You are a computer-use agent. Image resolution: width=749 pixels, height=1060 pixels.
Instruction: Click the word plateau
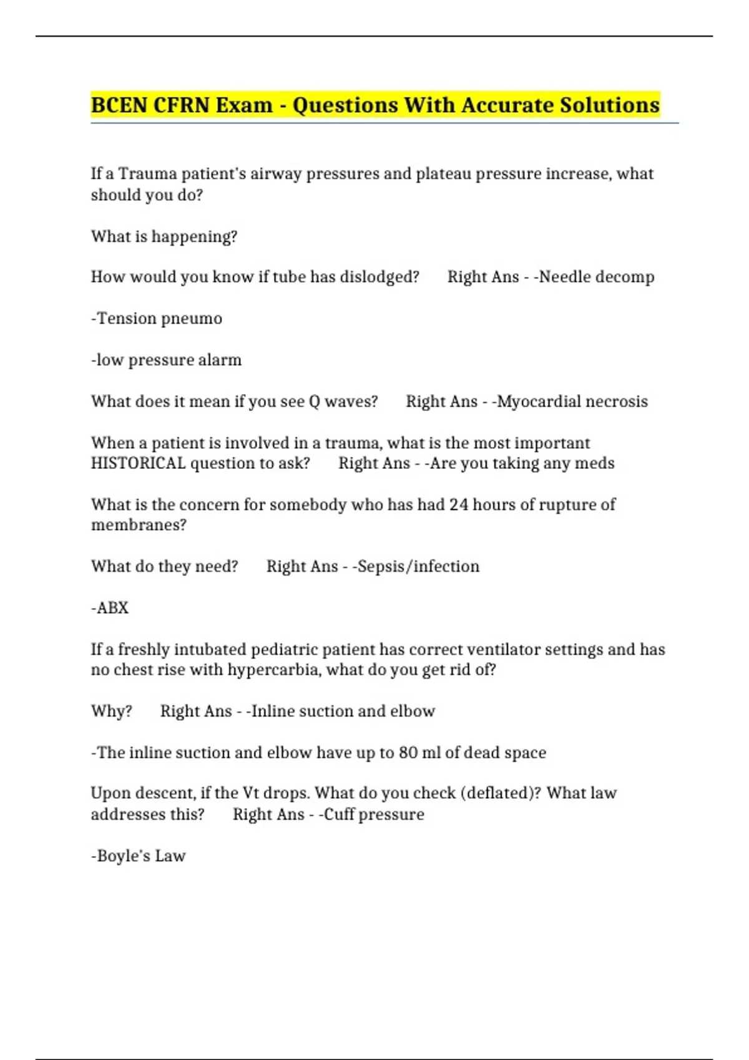(x=443, y=173)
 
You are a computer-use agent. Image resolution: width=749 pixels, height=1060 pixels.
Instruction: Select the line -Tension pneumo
(x=157, y=319)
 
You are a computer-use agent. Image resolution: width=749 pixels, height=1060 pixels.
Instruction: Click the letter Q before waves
(x=315, y=402)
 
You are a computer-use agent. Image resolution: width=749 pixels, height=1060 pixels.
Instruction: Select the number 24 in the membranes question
(x=459, y=504)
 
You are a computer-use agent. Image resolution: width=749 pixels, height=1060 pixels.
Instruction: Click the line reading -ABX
(x=110, y=608)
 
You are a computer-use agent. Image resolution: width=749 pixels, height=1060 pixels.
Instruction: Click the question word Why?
(x=112, y=711)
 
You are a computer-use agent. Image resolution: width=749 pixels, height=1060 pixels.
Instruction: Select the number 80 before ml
(x=408, y=753)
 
